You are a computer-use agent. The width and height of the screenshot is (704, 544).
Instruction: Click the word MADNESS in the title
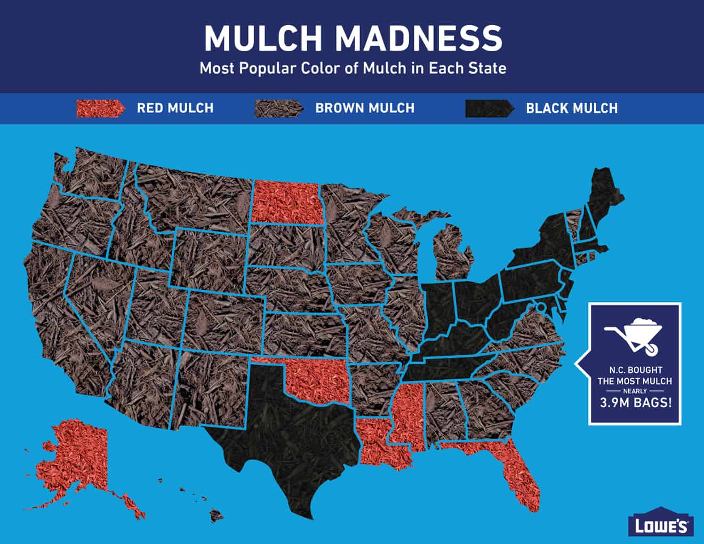pyautogui.click(x=419, y=37)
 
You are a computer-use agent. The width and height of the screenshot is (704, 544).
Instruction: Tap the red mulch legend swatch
pyautogui.click(x=100, y=108)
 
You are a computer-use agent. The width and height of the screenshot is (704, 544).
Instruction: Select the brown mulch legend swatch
pyautogui.click(x=276, y=108)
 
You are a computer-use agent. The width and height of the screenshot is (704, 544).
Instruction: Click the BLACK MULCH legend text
pyautogui.click(x=572, y=108)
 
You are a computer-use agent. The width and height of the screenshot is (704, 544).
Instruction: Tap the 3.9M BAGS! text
pyautogui.click(x=634, y=403)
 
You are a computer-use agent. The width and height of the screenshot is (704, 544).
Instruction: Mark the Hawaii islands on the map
pyautogui.click(x=216, y=514)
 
